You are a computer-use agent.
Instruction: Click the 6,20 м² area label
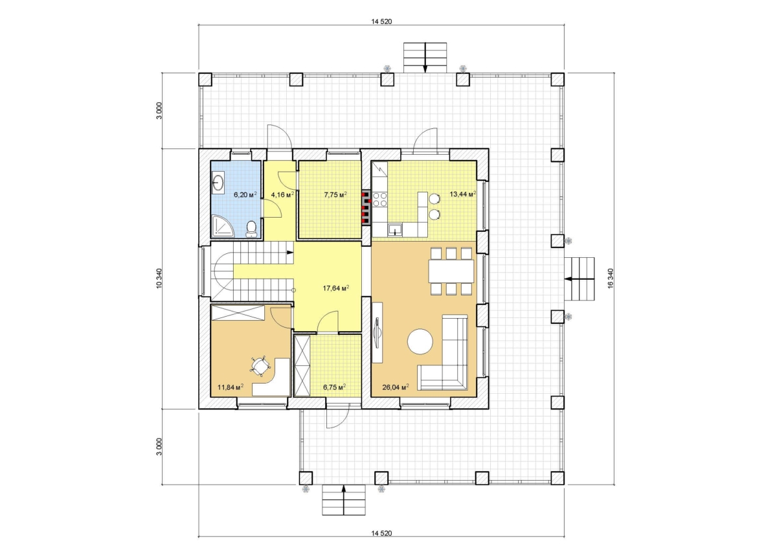pyautogui.click(x=245, y=194)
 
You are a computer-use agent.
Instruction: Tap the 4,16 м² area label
pyautogui.click(x=282, y=194)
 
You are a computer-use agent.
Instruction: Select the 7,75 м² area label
pyautogui.click(x=335, y=194)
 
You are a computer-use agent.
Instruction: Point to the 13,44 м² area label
pyautogui.click(x=463, y=194)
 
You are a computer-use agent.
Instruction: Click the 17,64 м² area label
pyautogui.click(x=336, y=288)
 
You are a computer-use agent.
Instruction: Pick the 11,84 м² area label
pyautogui.click(x=230, y=387)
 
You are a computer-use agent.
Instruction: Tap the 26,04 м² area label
pyautogui.click(x=396, y=387)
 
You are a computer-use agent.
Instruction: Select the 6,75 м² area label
pyautogui.click(x=334, y=387)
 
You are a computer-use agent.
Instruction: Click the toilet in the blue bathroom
pyautogui.click(x=251, y=229)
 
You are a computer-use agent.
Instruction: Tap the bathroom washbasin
pyautogui.click(x=218, y=183)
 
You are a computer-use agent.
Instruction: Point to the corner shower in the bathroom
pyautogui.click(x=223, y=226)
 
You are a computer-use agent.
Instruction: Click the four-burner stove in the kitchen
pyautogui.click(x=379, y=200)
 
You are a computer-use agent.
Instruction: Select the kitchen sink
pyautogui.click(x=395, y=230)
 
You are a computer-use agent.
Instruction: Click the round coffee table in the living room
pyautogui.click(x=420, y=341)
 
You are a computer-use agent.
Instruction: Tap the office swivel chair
pyautogui.click(x=260, y=366)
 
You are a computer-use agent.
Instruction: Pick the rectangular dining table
pyautogui.click(x=451, y=271)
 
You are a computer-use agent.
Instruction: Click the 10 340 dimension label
pyautogui.click(x=159, y=279)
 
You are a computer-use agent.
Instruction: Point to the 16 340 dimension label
pyautogui.click(x=611, y=279)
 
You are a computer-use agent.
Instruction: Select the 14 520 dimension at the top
pyautogui.click(x=381, y=21)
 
